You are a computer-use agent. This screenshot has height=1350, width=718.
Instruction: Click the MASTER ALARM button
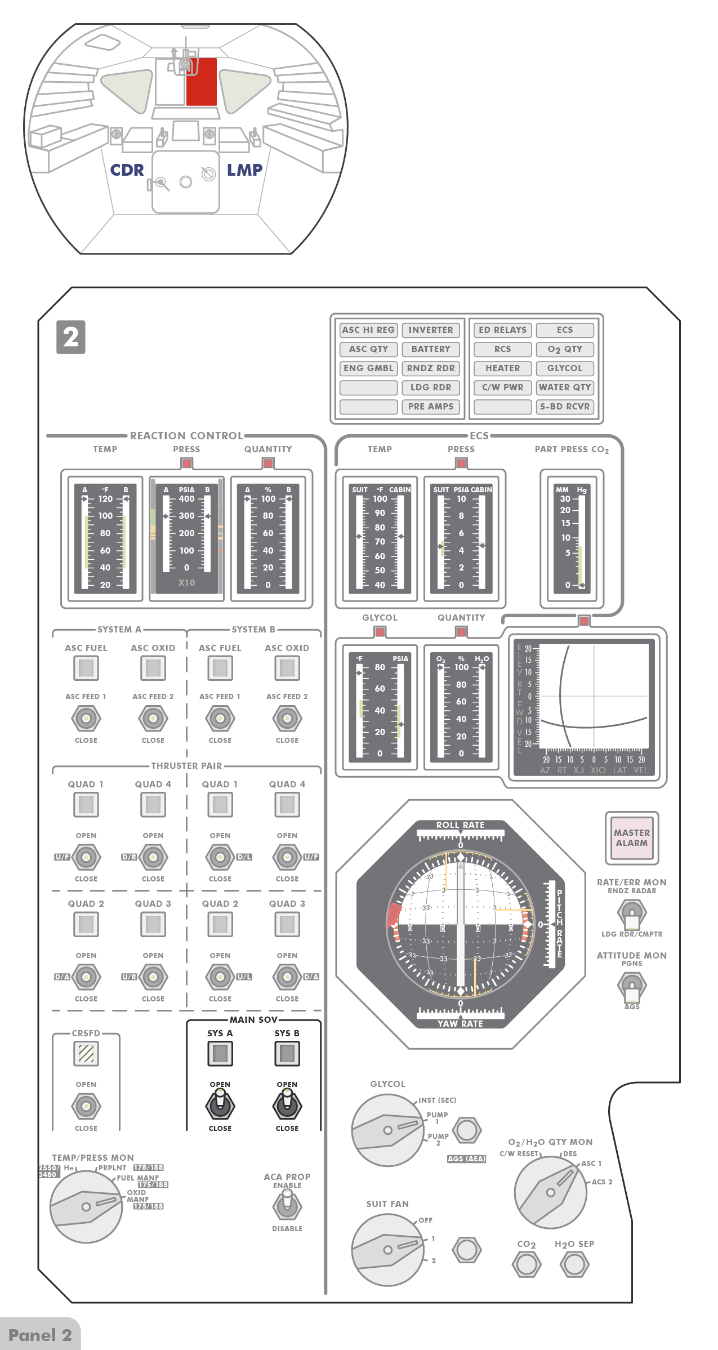point(631,837)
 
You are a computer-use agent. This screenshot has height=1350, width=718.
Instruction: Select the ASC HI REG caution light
point(368,330)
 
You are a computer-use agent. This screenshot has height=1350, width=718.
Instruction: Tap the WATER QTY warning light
point(565,387)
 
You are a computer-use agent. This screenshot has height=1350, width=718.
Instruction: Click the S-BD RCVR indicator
point(565,407)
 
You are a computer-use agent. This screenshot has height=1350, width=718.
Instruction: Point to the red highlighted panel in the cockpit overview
point(202,82)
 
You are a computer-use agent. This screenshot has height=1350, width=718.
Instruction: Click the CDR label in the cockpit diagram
point(127,170)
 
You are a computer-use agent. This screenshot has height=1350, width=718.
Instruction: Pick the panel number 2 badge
point(71,337)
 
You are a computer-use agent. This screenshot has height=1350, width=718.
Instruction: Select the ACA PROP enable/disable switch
point(287,1206)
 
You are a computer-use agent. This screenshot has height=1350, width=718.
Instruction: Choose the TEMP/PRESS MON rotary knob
point(86,1206)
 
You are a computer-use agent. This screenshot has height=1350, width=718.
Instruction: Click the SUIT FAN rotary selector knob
point(387,1250)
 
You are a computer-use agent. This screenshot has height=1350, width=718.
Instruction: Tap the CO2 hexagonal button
point(527,1264)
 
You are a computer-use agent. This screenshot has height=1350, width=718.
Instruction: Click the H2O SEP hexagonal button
point(574,1264)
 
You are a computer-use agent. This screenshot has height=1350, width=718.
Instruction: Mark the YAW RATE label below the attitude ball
point(460,1024)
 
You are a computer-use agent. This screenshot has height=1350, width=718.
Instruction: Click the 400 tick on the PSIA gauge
point(186,499)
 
